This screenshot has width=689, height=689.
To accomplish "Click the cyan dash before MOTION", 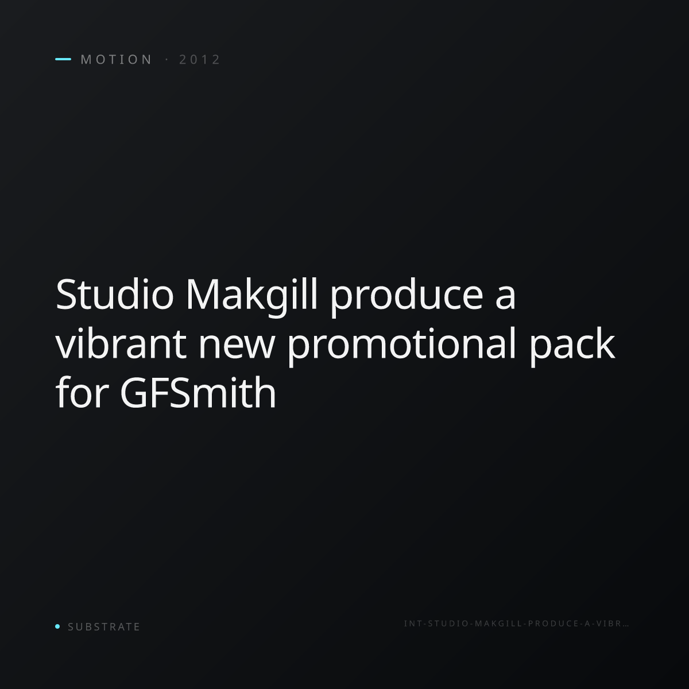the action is click(x=63, y=59).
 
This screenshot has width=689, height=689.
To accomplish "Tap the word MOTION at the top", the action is click(x=117, y=60).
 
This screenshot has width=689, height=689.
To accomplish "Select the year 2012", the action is click(x=199, y=60).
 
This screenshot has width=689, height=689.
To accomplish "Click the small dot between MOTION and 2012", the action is click(x=167, y=59).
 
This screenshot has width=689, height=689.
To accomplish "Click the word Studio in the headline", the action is click(x=115, y=295).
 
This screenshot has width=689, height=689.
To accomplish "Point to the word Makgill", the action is click(x=251, y=296).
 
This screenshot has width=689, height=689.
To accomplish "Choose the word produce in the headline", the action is click(x=407, y=297).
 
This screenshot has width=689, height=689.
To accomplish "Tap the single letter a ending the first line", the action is click(x=506, y=299).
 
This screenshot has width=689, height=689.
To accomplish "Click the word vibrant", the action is click(x=121, y=343).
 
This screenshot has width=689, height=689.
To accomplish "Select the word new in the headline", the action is click(x=237, y=349).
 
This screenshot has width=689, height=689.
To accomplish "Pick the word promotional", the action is click(x=402, y=346).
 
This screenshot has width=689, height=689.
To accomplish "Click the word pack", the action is click(x=572, y=346).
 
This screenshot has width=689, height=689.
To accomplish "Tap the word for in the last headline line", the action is click(x=82, y=392).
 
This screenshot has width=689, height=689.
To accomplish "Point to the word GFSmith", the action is click(x=198, y=392).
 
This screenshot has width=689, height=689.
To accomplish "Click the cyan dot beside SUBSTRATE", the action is click(x=57, y=626).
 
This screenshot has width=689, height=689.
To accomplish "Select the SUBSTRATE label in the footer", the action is click(x=104, y=627).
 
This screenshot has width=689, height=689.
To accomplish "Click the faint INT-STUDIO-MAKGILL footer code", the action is click(x=516, y=624).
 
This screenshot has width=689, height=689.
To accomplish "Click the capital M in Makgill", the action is click(x=202, y=295).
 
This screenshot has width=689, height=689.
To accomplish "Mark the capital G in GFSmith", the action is click(x=134, y=393).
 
